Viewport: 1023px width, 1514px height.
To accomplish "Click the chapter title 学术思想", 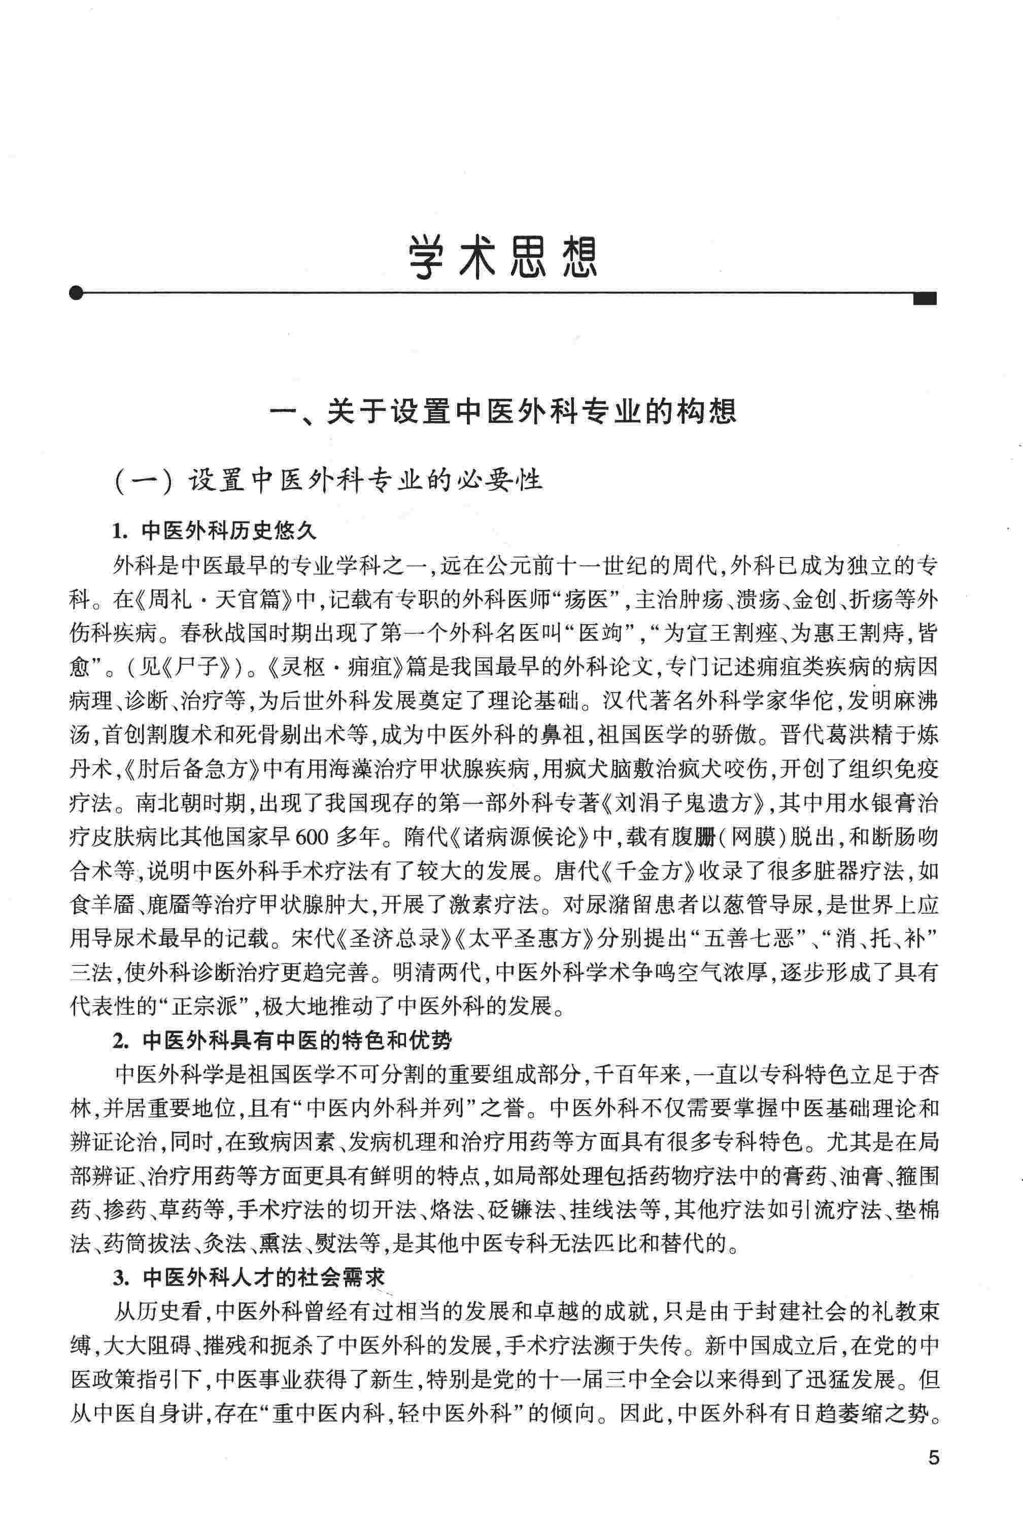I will click(503, 257).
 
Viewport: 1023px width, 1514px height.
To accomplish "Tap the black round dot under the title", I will click(76, 293).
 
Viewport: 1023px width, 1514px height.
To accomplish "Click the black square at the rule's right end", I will click(925, 298).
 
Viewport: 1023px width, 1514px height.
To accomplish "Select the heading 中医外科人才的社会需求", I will click(264, 1278).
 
